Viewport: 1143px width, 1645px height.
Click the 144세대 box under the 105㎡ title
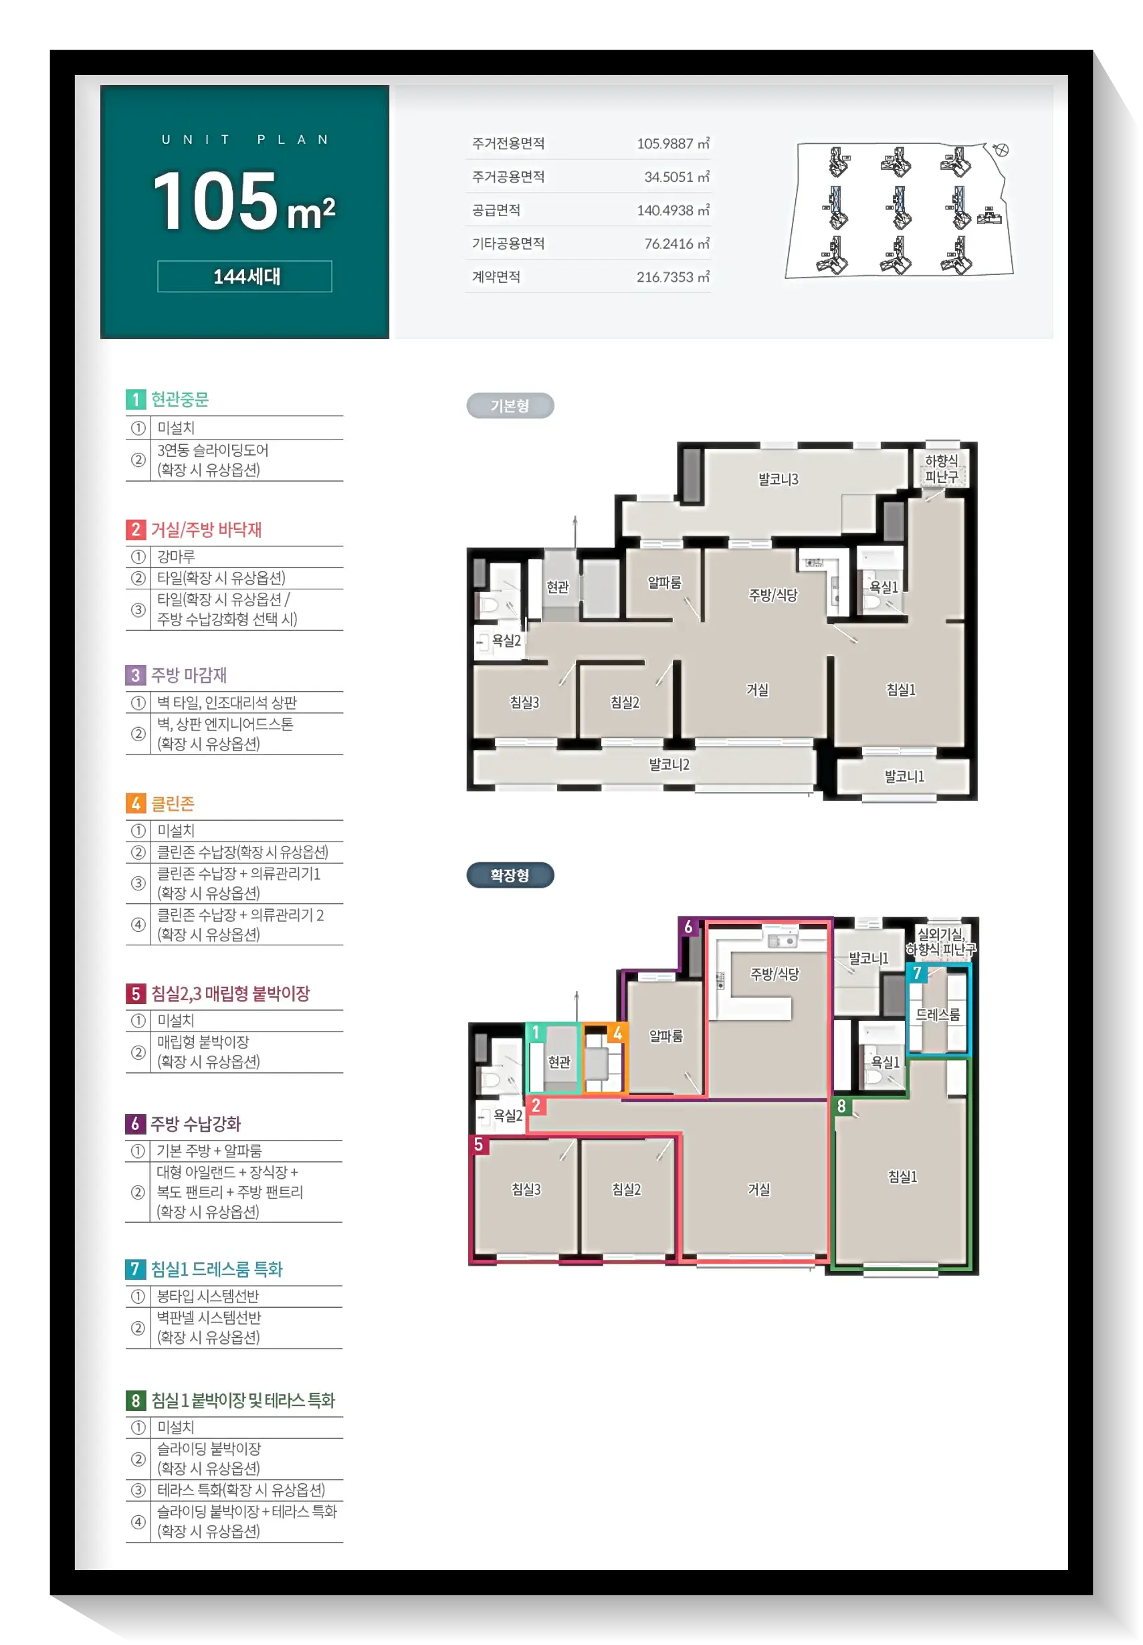pos(244,276)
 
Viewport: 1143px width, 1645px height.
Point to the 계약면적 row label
pos(496,277)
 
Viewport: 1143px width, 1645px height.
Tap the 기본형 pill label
pos(510,406)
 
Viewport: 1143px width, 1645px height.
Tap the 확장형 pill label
pos(510,875)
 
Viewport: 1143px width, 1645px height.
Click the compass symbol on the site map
pos(1001,150)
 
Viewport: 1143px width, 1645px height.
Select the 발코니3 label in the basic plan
pos(778,479)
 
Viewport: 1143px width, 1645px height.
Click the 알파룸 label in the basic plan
pos(665,582)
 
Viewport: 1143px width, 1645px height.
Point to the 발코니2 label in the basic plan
pos(669,765)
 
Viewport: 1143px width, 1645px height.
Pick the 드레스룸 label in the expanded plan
pos(938,1015)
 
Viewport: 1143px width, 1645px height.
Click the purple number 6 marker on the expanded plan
pos(688,927)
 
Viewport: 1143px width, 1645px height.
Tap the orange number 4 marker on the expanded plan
pos(617,1033)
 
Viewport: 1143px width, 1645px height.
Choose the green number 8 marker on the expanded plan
pos(841,1106)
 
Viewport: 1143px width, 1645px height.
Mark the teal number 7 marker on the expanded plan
pos(917,973)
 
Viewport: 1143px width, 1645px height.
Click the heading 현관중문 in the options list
pos(180,399)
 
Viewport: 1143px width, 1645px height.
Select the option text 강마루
pos(176,557)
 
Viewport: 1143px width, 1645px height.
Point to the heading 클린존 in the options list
pos(173,803)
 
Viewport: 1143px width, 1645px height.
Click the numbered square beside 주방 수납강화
pos(135,1124)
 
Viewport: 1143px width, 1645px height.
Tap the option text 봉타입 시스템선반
pos(209,1296)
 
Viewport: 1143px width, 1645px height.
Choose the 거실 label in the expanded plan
pos(759,1189)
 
